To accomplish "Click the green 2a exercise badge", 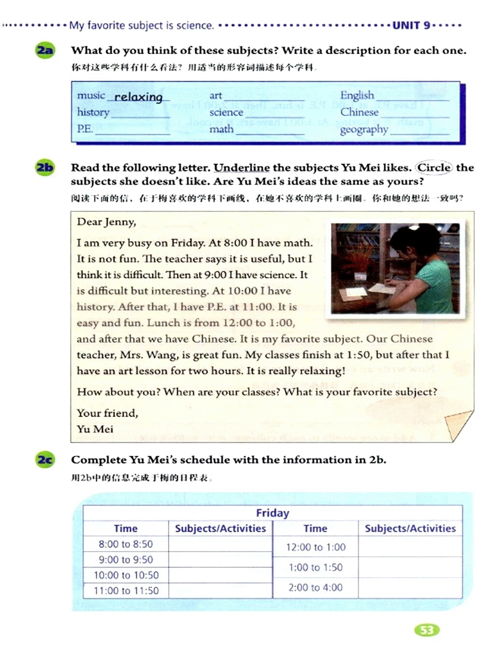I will point(45,50).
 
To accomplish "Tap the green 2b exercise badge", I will point(45,168).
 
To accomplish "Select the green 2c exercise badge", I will point(45,460).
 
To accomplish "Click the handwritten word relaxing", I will point(138,97).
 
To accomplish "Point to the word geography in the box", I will point(364,130).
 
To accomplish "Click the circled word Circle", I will point(434,167).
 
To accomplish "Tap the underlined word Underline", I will point(242,168).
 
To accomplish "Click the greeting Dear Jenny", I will point(106,222).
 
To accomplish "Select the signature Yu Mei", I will point(95,429).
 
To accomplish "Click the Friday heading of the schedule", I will point(273,513).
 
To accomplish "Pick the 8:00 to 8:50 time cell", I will point(126,544).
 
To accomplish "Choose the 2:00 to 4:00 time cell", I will point(316,587).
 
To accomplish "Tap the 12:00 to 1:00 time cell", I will point(316,547).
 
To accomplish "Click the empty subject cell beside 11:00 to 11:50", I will point(220,590).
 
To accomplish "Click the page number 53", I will point(427,630).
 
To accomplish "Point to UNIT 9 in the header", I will point(411,25).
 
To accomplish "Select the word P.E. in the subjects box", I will point(85,129).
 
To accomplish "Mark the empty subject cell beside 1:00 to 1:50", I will point(410,567).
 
